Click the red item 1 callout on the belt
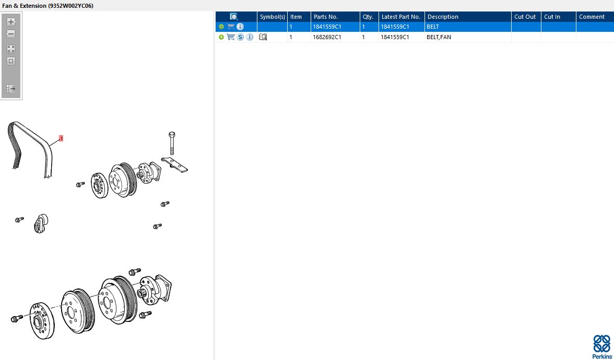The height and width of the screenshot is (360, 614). (x=61, y=139)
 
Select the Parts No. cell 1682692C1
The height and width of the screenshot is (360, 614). (x=327, y=37)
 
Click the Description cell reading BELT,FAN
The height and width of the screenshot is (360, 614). (x=439, y=37)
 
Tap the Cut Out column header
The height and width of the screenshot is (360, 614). (x=526, y=17)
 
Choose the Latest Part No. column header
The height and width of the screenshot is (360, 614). (x=402, y=17)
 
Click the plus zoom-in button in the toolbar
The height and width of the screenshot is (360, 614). (x=11, y=22)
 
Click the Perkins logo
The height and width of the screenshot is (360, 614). (x=602, y=346)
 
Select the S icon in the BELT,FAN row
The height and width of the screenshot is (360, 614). (x=240, y=37)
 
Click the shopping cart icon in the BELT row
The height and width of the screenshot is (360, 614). (x=231, y=27)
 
